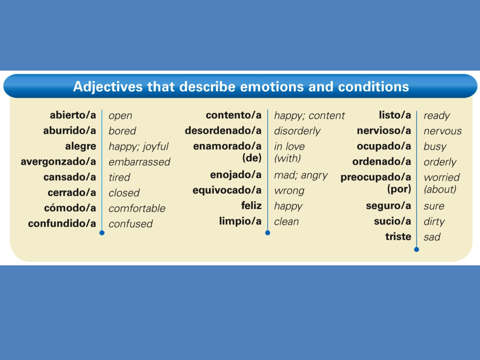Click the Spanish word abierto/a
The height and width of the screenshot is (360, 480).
coord(73,115)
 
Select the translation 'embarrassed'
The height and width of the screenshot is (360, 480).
coord(139,162)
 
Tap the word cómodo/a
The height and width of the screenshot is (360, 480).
coord(70,208)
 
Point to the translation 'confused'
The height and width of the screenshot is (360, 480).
coord(131,224)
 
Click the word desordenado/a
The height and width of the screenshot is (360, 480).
coord(223,131)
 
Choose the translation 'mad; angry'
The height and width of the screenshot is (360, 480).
coord(301,175)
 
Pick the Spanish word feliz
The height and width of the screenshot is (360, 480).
coord(251,206)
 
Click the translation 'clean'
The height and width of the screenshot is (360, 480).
coord(286,222)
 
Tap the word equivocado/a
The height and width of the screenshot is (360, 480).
coord(227,191)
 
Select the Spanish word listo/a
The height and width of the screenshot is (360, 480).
coord(395,115)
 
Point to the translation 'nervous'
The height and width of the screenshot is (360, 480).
coord(443,131)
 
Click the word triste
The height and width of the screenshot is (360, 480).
coord(398,237)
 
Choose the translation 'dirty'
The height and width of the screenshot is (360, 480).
coord(434,222)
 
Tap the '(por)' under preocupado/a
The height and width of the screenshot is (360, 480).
coord(399,189)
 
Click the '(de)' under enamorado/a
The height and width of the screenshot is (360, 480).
coord(252,158)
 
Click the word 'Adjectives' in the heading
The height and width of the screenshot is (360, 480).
coord(108,86)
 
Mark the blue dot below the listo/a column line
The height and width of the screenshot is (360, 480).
coord(416,250)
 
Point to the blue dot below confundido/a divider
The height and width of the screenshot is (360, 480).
coord(102,233)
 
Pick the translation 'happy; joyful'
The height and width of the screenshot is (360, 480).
coord(138,147)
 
